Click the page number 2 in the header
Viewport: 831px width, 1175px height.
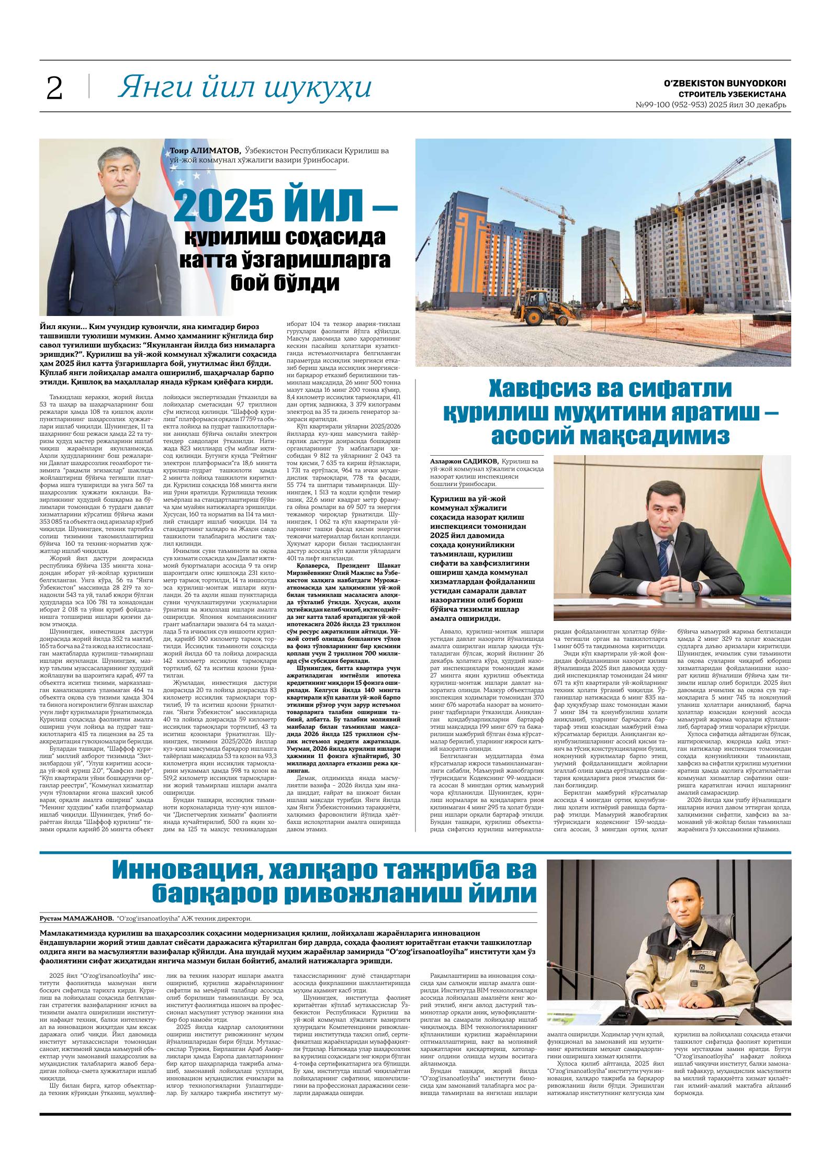tap(54, 88)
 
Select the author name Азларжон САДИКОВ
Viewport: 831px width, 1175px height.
tap(464, 461)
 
